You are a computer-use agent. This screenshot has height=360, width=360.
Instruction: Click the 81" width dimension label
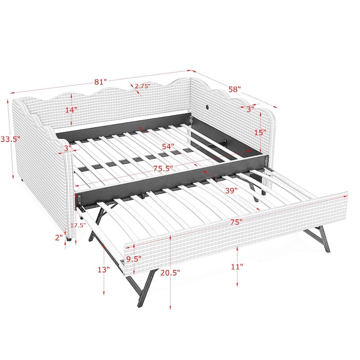[x=100, y=82]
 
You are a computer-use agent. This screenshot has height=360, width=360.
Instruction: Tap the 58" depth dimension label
[x=234, y=89]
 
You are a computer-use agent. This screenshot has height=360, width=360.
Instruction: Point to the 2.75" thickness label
[x=142, y=85]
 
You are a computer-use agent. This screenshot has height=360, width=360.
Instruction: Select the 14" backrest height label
[x=71, y=109]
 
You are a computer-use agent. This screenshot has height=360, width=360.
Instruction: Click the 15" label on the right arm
[x=260, y=132]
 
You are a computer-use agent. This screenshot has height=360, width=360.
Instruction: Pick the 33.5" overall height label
[x=10, y=139]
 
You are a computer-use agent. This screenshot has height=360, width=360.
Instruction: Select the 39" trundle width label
[x=231, y=191]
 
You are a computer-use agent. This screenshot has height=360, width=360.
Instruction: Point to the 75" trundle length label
[x=234, y=222]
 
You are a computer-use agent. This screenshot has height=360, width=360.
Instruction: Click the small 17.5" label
[x=78, y=226]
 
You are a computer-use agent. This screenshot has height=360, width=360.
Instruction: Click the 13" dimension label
[x=103, y=270]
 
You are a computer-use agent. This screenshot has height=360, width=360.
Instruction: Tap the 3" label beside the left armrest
[x=67, y=148]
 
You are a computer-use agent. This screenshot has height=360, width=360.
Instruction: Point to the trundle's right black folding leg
[x=318, y=238]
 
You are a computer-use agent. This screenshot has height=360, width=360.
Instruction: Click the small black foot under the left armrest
[x=68, y=240]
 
